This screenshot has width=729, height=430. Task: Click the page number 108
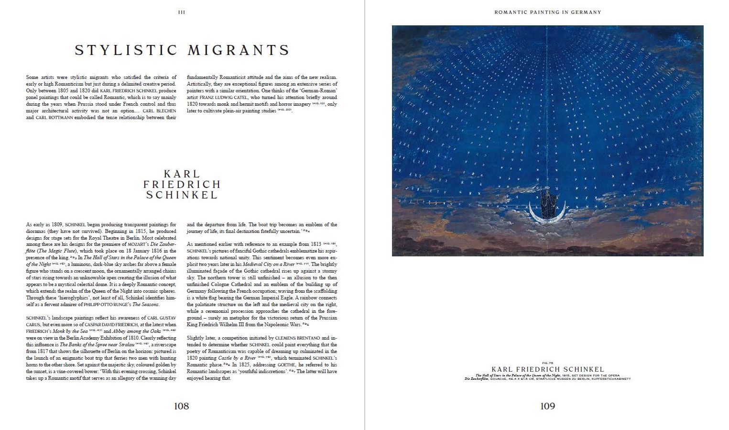point(181,406)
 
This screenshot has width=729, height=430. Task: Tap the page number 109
point(547,406)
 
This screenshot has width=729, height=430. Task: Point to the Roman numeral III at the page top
point(182,12)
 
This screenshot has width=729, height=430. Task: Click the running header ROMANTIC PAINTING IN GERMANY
point(547,12)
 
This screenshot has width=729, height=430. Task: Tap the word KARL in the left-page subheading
point(182,174)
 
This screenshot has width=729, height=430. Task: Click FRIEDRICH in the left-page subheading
point(182,184)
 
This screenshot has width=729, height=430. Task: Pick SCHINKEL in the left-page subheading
point(182,195)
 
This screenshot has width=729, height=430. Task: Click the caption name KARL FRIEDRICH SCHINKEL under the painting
point(547,369)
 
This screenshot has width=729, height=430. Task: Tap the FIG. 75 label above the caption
point(547,363)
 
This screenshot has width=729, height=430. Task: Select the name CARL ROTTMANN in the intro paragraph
point(47,118)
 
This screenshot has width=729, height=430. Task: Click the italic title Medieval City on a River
point(268,264)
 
